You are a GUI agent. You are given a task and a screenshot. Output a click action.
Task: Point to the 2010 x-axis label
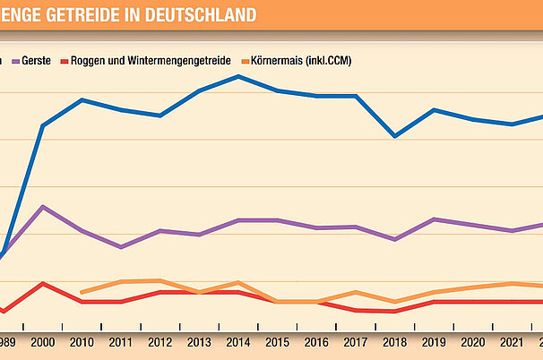[x=82, y=343]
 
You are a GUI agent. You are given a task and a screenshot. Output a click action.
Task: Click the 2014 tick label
[x=237, y=343]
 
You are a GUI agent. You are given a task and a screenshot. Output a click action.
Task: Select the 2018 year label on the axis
[x=395, y=343]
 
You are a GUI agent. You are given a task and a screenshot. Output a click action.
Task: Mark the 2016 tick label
[x=316, y=343]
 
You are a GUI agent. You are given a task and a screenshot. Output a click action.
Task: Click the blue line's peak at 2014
[x=237, y=76]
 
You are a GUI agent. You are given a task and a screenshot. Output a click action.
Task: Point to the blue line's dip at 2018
[x=395, y=136]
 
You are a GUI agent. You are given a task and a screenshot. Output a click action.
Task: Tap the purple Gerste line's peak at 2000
[x=43, y=207]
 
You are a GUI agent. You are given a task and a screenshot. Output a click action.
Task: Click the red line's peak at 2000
[x=43, y=283]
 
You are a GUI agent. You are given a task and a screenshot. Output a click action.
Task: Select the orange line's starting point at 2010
[x=82, y=292]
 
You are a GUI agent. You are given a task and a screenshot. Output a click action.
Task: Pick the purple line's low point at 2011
[x=121, y=247]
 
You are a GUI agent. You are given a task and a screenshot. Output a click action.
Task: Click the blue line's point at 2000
[x=43, y=125]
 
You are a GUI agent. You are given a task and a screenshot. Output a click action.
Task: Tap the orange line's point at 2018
[x=395, y=302]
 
